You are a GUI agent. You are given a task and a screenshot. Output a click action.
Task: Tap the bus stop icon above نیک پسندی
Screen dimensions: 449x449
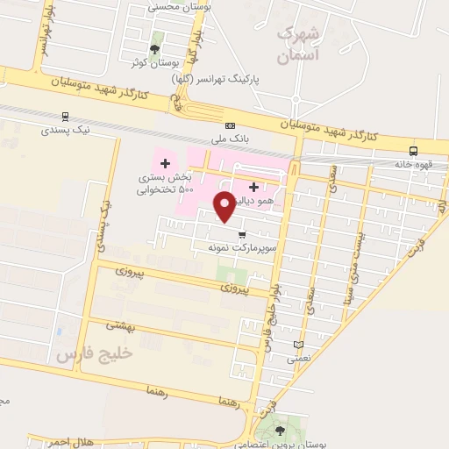[66, 116]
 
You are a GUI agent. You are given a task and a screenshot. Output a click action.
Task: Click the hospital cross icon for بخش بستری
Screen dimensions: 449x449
[165, 163]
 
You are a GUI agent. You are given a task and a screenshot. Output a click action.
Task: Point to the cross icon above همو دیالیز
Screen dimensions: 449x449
[254, 186]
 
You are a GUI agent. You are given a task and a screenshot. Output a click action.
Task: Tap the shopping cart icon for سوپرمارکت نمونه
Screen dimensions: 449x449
[242, 233]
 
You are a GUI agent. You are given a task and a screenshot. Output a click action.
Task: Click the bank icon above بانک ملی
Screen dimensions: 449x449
[231, 125]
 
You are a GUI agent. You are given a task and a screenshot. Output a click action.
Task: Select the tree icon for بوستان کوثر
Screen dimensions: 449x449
[156, 49]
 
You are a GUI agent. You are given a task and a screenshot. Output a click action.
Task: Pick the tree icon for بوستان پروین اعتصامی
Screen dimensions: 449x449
[280, 430]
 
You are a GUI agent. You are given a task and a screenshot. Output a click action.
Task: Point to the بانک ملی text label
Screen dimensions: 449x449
[232, 139]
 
